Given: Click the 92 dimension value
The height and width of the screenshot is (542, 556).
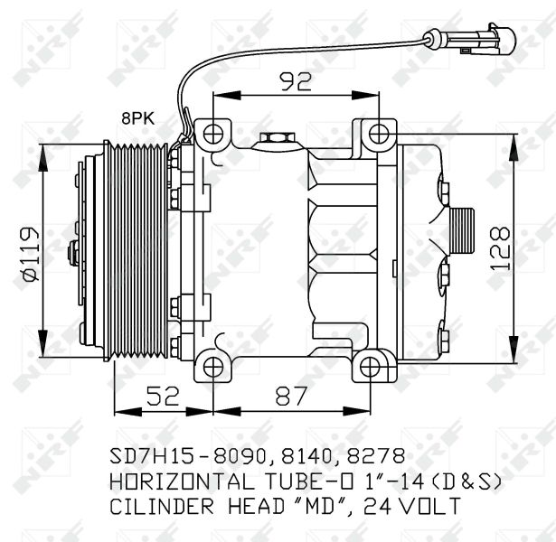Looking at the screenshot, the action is click(297, 81).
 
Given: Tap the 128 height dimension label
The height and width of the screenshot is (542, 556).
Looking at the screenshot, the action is click(501, 248).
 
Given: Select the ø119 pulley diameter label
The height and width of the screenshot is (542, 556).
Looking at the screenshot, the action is click(30, 254).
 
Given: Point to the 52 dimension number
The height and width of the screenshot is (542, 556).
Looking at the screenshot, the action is click(163, 396).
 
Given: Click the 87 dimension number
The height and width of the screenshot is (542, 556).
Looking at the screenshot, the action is click(291, 396).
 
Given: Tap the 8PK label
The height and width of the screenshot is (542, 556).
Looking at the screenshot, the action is click(138, 118).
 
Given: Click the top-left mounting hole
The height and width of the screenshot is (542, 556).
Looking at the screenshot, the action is click(213, 134).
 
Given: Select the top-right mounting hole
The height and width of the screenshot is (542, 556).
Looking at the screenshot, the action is click(379, 134).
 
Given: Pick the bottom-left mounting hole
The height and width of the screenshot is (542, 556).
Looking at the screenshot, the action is click(213, 366).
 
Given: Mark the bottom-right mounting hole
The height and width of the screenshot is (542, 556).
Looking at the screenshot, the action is click(370, 366).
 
